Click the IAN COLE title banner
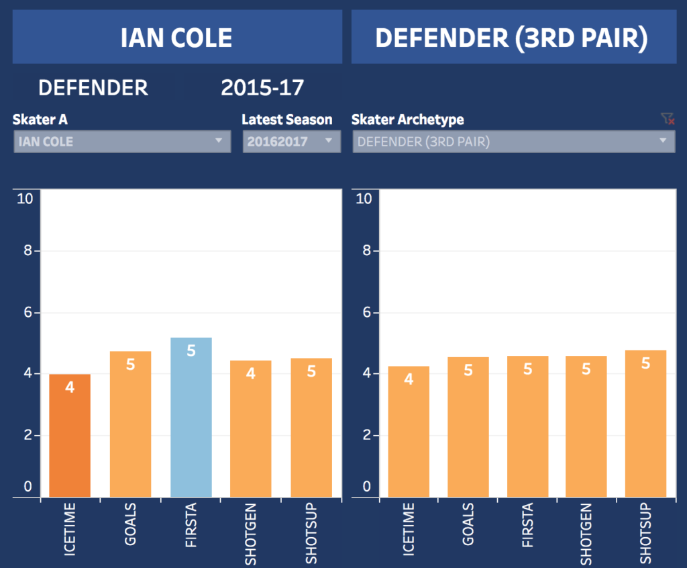click(x=177, y=38)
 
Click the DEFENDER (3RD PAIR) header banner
click(x=513, y=38)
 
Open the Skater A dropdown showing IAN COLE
click(x=122, y=142)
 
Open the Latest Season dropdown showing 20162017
click(x=291, y=142)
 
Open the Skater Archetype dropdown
click(x=513, y=142)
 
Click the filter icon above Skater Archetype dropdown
click(x=666, y=120)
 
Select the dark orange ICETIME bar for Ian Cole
click(x=70, y=436)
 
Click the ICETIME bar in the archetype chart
click(x=409, y=433)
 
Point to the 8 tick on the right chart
click(x=365, y=251)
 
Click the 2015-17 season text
click(x=262, y=87)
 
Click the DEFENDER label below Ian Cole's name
click(x=93, y=87)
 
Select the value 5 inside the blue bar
click(x=191, y=350)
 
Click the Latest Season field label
click(x=286, y=120)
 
